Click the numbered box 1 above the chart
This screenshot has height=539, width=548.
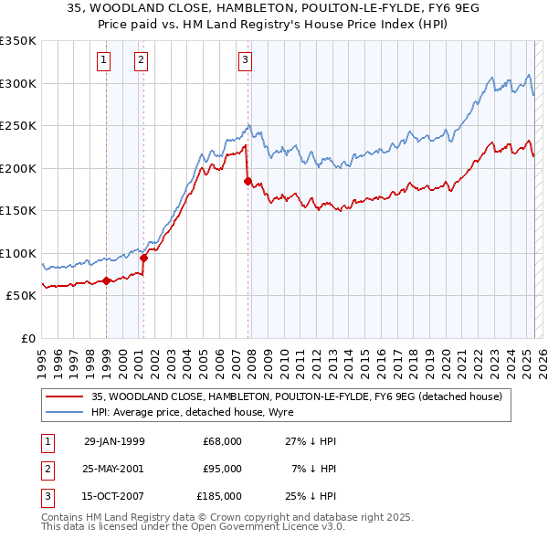[104, 61]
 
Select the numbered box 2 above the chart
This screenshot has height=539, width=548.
[142, 61]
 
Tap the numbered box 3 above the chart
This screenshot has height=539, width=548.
[246, 61]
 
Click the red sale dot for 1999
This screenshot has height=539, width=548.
[107, 280]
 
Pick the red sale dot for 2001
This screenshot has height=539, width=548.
[144, 258]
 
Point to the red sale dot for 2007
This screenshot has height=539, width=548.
[248, 181]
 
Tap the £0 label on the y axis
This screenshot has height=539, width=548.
[26, 338]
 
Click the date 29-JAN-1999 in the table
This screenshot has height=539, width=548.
[113, 441]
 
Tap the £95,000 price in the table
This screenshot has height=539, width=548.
[222, 469]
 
